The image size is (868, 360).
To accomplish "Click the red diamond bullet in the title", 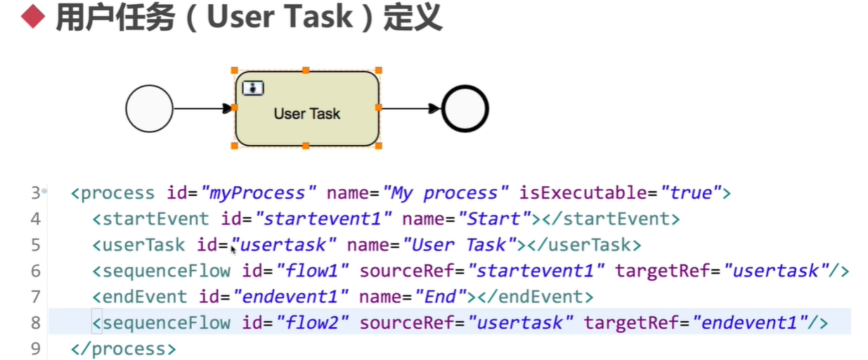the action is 33,16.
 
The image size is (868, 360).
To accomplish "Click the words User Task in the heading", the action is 280,17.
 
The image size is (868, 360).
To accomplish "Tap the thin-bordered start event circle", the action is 149,108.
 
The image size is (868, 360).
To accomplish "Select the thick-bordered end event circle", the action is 465,108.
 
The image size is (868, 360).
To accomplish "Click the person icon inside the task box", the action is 253,88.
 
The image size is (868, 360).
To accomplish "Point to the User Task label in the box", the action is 307,113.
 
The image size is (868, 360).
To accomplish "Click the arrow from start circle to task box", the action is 202,108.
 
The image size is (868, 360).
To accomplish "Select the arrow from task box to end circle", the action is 410,108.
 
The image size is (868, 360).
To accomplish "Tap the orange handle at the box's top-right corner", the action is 379,70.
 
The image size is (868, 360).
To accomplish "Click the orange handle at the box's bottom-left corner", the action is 235,146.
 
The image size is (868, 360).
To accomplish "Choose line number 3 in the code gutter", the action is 36,193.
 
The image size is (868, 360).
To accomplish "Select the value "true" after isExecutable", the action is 691,193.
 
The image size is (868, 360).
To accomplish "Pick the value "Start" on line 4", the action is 494,219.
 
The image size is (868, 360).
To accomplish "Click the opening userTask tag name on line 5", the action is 143,245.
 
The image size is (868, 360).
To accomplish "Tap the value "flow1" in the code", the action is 312,271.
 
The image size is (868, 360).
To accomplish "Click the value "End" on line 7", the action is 440,297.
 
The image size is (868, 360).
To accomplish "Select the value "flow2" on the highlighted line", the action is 312,323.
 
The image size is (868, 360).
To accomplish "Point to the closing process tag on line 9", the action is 124,349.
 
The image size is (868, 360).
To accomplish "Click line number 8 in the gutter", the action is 36,323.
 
